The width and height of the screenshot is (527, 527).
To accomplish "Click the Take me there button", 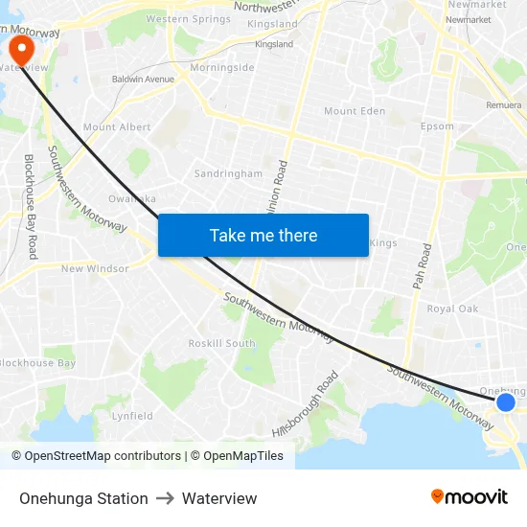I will pyautogui.click(x=263, y=235).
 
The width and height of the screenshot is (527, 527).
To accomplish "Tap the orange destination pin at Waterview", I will pyautogui.click(x=19, y=50).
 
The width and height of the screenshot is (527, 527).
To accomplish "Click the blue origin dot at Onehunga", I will pyautogui.click(x=506, y=401).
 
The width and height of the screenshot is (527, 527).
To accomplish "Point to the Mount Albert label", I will pyautogui.click(x=117, y=127).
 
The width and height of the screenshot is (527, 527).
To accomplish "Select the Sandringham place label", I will pyautogui.click(x=228, y=174).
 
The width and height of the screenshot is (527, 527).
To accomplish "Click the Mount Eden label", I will pyautogui.click(x=355, y=112).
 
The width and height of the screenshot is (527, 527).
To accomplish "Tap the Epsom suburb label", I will pyautogui.click(x=437, y=126).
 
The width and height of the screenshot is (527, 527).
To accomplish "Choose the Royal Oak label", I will pyautogui.click(x=452, y=309).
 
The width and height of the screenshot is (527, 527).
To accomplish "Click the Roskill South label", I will pyautogui.click(x=221, y=343).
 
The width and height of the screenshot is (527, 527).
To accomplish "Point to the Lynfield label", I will pyautogui.click(x=132, y=416).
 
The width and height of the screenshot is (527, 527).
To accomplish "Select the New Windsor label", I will pyautogui.click(x=95, y=269).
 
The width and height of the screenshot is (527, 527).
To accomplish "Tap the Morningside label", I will pyautogui.click(x=222, y=68).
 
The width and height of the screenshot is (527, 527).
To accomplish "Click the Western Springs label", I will pyautogui.click(x=188, y=19).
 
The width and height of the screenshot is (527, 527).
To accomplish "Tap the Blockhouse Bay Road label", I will pyautogui.click(x=30, y=206).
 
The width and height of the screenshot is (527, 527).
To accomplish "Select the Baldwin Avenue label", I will pyautogui.click(x=143, y=80).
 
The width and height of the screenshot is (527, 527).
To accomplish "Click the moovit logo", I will pyautogui.click(x=470, y=497).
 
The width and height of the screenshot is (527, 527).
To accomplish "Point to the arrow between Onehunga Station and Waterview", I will pyautogui.click(x=165, y=498).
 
